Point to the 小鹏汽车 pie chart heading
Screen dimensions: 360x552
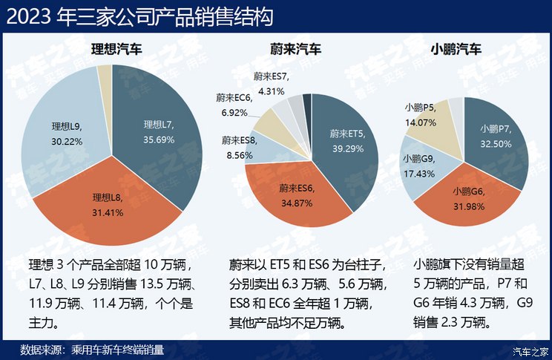point(456,50)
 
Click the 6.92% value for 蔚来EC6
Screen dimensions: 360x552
point(234,113)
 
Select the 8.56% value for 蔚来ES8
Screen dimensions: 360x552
point(239,151)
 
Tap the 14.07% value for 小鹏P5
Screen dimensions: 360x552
point(421,122)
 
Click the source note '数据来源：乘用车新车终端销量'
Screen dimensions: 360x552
point(92,349)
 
